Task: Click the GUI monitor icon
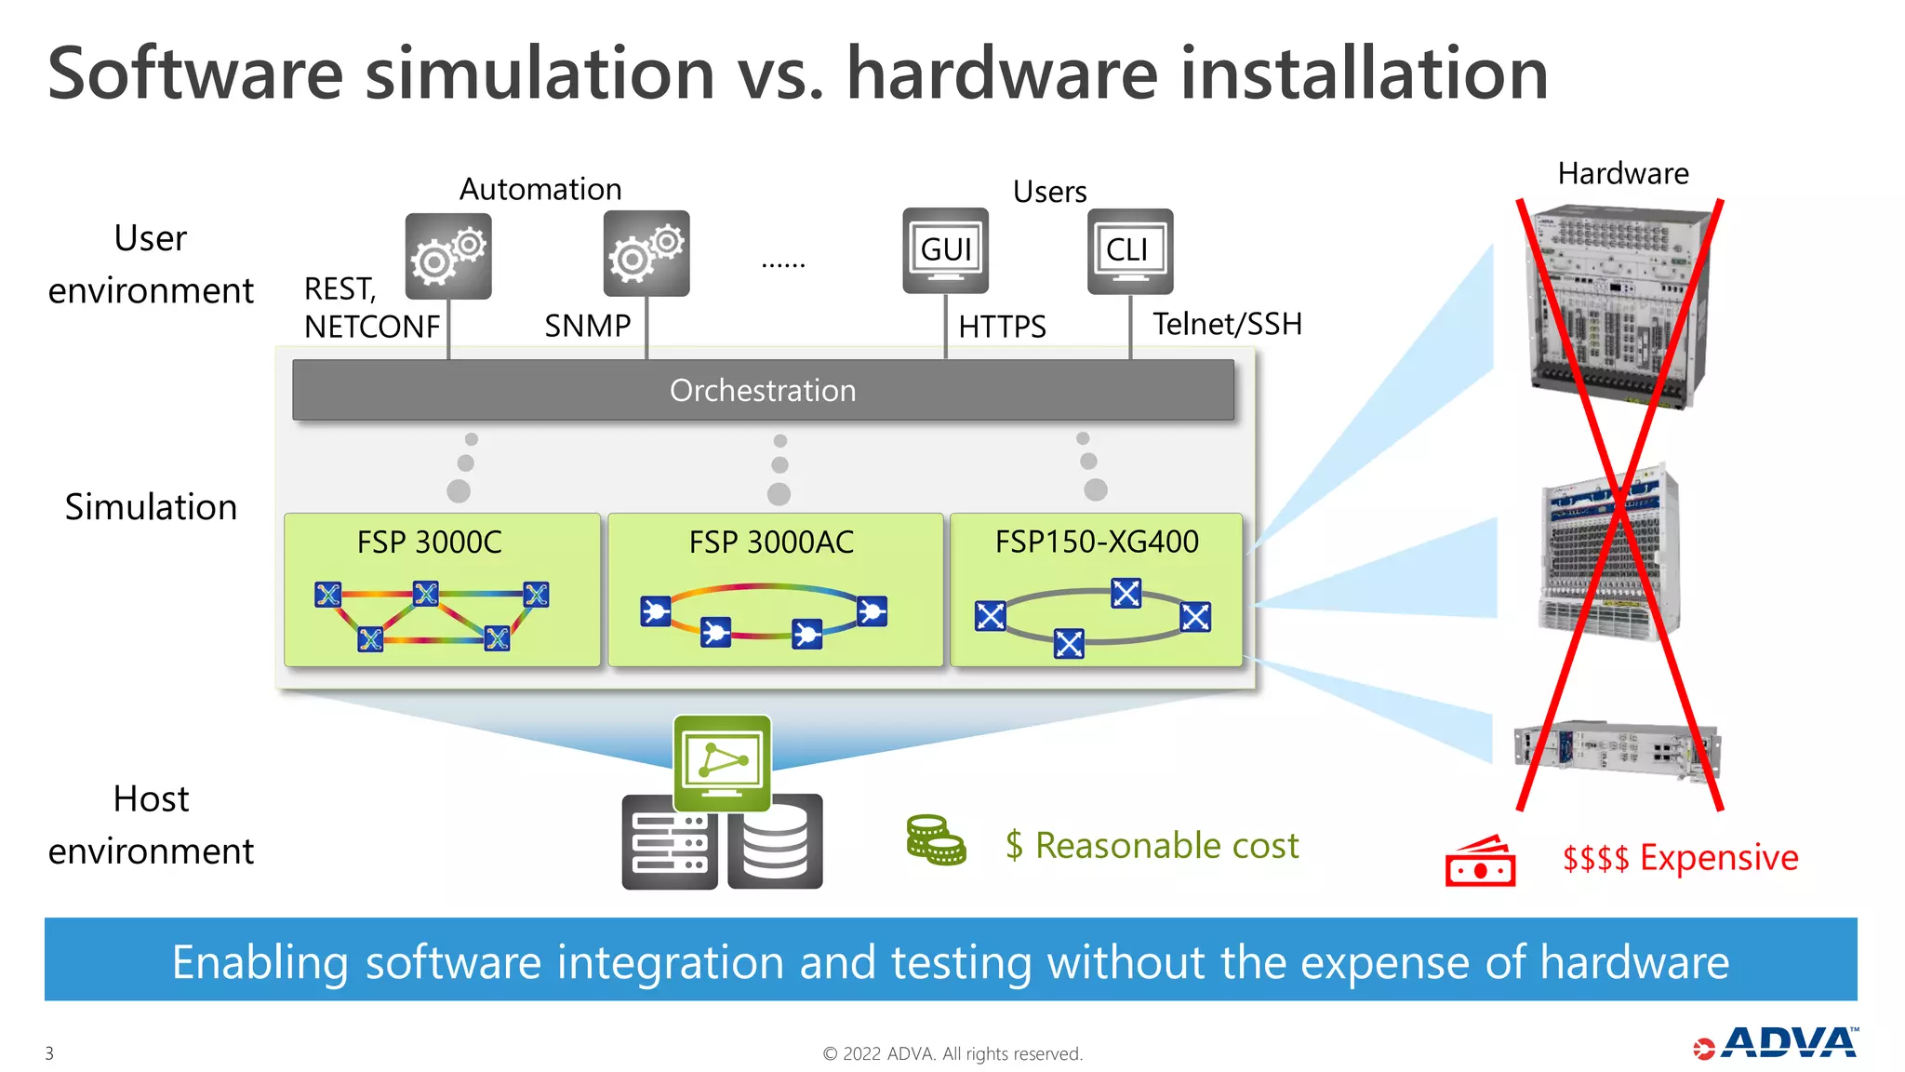click(945, 249)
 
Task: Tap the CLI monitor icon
click(1129, 250)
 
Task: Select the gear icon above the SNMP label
click(646, 253)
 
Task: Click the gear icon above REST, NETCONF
click(448, 255)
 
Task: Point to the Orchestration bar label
click(763, 390)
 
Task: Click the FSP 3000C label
click(429, 542)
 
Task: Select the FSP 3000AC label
click(771, 542)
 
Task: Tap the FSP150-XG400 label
click(1097, 542)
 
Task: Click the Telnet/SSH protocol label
click(1227, 324)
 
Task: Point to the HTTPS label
click(1002, 327)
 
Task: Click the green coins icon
click(935, 840)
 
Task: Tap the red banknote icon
click(1480, 862)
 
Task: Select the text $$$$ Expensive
click(1680, 857)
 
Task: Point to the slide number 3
click(49, 1053)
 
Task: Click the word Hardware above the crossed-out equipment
click(1623, 173)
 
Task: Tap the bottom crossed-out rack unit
click(1617, 752)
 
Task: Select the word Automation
click(540, 189)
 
